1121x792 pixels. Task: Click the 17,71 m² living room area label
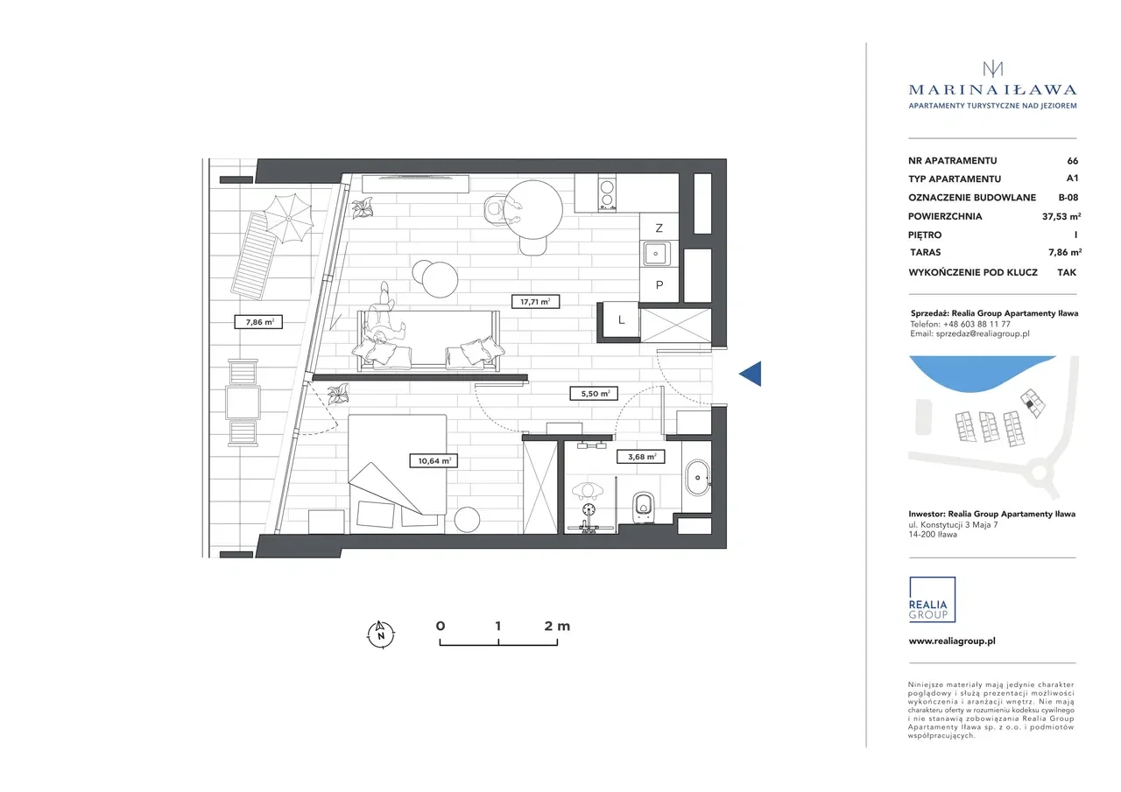[x=535, y=302]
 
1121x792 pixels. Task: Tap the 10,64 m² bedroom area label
[x=434, y=460]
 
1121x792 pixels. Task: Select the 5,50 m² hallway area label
[x=594, y=394]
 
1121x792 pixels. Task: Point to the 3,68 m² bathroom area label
[x=641, y=457]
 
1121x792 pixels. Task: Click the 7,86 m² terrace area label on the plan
[x=258, y=322]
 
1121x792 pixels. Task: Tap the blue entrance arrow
[x=751, y=374]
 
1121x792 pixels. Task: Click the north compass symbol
[x=381, y=634]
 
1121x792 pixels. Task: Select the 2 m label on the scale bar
[x=557, y=626]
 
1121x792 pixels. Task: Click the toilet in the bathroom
[x=644, y=508]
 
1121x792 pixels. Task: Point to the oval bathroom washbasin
[x=697, y=478]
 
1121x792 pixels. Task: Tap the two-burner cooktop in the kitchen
[x=607, y=194]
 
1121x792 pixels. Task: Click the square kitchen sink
[x=656, y=254]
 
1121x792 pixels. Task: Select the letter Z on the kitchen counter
[x=659, y=228]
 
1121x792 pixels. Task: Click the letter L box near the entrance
[x=621, y=319]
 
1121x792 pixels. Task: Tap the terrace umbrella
[x=289, y=219]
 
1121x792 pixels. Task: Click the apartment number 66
[x=1073, y=160]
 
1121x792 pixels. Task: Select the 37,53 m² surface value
[x=1061, y=216]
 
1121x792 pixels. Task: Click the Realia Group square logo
[x=932, y=599]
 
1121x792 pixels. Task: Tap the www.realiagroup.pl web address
[x=952, y=641]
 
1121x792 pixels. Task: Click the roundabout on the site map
[x=1040, y=472]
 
